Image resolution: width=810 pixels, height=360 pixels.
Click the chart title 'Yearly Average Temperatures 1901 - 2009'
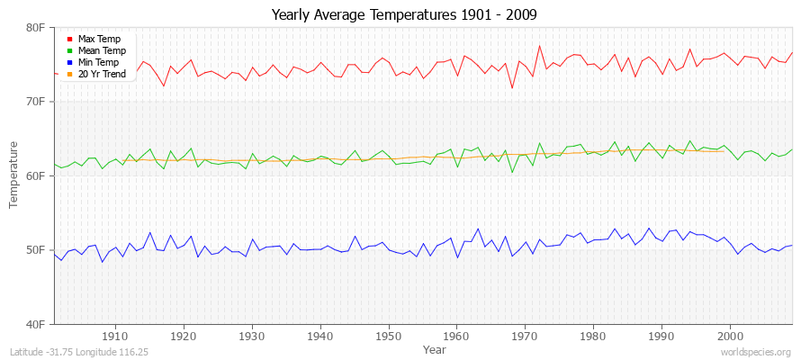point(404,16)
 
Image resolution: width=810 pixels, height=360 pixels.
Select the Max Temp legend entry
point(98,39)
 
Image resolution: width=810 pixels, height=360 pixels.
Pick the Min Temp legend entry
point(98,62)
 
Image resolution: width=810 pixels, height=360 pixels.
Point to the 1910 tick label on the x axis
point(115,336)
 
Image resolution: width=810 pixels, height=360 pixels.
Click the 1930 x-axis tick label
point(252,336)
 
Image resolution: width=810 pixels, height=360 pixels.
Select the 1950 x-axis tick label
point(389,336)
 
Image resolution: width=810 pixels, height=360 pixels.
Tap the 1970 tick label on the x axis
point(526,336)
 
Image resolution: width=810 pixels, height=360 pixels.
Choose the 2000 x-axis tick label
point(730,336)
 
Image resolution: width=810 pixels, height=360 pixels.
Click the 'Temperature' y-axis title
point(13,175)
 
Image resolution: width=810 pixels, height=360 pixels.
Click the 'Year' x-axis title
point(434,348)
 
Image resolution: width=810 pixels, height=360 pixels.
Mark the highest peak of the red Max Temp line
point(539,46)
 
